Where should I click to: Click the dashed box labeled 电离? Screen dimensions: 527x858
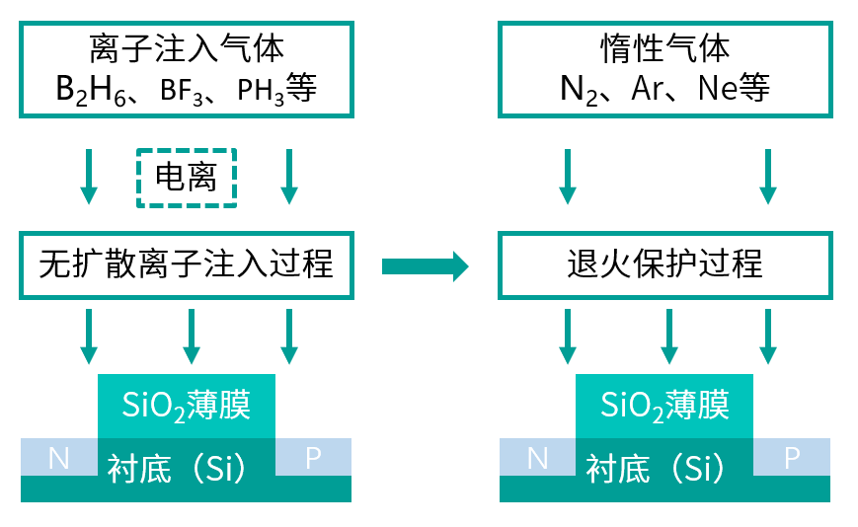click(x=187, y=178)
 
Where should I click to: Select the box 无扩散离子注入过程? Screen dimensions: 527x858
click(x=187, y=264)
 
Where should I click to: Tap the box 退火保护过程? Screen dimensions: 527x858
click(x=664, y=264)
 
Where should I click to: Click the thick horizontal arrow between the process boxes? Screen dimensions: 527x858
click(x=424, y=264)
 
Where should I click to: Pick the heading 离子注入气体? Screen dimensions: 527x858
click(x=187, y=47)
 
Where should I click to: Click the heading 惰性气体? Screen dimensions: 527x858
click(x=664, y=47)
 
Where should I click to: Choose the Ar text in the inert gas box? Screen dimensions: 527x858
click(x=650, y=91)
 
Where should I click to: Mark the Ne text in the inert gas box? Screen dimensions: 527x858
click(x=717, y=91)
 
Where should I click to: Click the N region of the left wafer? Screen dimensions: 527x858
click(x=58, y=457)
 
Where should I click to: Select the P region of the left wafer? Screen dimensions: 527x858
click(x=313, y=457)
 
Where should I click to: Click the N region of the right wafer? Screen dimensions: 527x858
click(x=537, y=457)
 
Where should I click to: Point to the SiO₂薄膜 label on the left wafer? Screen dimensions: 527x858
click(x=187, y=405)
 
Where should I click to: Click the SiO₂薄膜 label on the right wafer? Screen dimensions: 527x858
click(x=664, y=405)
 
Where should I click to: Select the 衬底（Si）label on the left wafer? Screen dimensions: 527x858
click(x=187, y=468)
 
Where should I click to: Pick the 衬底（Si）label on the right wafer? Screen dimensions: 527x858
click(x=664, y=468)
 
